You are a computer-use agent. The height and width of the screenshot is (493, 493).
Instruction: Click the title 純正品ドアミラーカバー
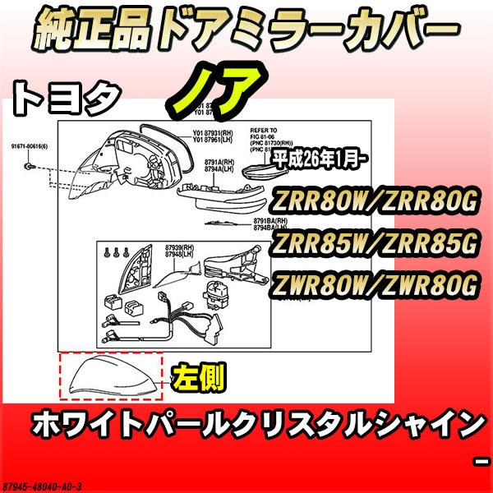tap(246, 31)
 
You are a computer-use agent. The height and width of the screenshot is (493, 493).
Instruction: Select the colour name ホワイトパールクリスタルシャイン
tap(256, 426)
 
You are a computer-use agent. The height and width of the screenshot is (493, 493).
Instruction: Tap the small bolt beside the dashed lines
tap(30, 165)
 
